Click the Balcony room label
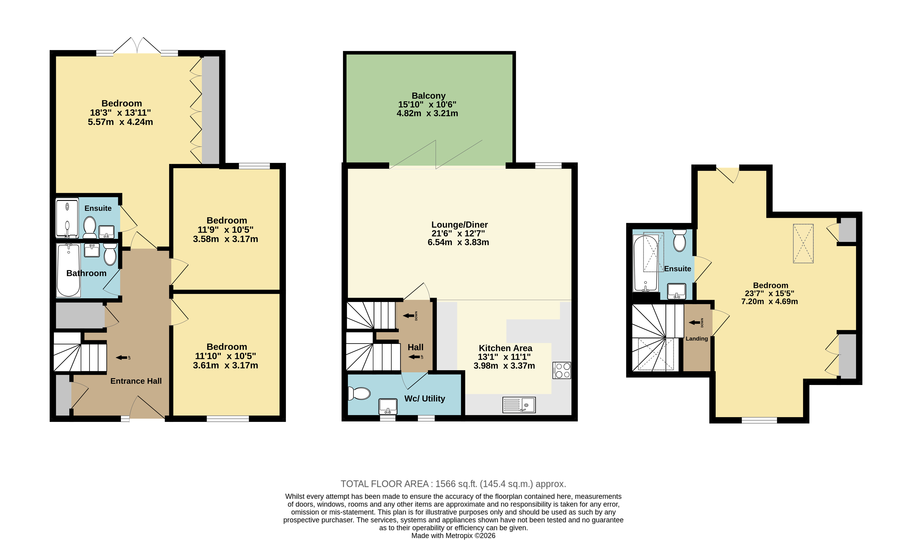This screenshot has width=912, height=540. point(428,96)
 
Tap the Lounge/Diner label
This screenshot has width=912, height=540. point(460,225)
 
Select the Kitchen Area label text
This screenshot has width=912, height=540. point(505,348)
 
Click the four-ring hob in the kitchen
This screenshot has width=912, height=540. point(562,370)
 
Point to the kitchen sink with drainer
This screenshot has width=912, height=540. point(519,405)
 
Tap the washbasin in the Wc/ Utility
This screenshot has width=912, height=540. point(388,406)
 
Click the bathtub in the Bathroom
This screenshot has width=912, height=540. point(68,270)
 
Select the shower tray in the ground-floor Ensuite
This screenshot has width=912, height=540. point(67,218)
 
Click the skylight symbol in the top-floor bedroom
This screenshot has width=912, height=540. point(803,243)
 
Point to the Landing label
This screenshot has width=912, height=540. point(696,338)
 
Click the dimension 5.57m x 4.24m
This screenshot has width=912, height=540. point(120,122)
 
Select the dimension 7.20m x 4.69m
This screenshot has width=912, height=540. point(769,301)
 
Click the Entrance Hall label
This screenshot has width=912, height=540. point(136,381)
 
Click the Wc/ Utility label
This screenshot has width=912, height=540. point(424,398)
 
